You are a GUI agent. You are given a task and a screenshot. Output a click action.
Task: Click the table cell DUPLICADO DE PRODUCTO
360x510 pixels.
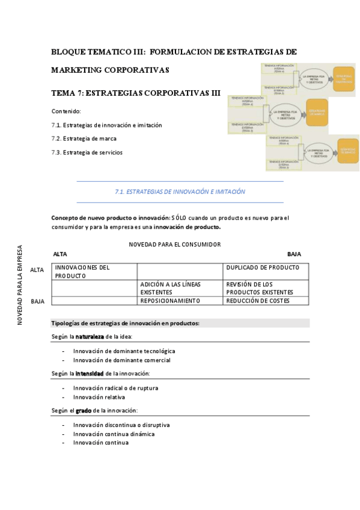[x=266, y=268]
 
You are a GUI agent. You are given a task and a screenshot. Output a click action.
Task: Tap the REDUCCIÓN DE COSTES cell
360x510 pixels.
[x=266, y=301]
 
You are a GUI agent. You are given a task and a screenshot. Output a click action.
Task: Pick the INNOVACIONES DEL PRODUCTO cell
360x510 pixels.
[x=94, y=271]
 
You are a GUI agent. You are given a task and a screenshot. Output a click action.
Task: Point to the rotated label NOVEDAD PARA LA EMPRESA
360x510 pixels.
[x=20, y=284]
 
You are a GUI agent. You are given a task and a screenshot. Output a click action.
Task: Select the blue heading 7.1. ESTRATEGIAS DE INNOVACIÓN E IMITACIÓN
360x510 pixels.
[x=180, y=191]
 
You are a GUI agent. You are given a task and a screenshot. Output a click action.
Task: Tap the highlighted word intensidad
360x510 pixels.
[x=89, y=373]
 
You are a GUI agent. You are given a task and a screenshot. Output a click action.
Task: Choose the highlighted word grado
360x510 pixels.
[x=83, y=411]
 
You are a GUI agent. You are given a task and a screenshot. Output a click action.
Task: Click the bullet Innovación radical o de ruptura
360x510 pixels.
[x=116, y=388]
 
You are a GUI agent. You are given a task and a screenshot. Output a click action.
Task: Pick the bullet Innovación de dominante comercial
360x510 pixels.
[x=122, y=360]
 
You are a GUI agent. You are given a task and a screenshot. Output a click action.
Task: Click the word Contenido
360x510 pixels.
[x=66, y=111]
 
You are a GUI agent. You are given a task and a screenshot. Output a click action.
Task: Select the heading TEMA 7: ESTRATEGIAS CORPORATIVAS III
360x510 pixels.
[x=136, y=94]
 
